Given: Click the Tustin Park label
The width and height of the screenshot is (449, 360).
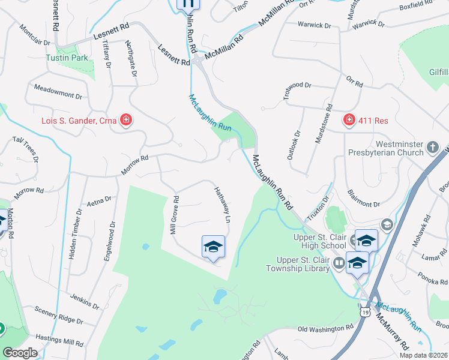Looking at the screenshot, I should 67,58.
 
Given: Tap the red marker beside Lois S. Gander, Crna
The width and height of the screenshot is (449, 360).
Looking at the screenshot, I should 126,121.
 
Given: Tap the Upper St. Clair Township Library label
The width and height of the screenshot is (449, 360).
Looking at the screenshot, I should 303,264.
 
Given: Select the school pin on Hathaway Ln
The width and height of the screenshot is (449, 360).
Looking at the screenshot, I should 213,247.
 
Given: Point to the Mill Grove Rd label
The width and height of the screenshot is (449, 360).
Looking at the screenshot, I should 174,215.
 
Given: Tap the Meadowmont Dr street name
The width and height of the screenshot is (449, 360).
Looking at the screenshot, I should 58,95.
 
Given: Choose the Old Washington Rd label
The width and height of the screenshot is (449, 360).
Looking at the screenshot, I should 325,328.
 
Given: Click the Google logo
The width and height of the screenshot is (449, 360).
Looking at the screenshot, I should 20,353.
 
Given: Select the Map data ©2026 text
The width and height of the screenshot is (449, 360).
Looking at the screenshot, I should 423,355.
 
